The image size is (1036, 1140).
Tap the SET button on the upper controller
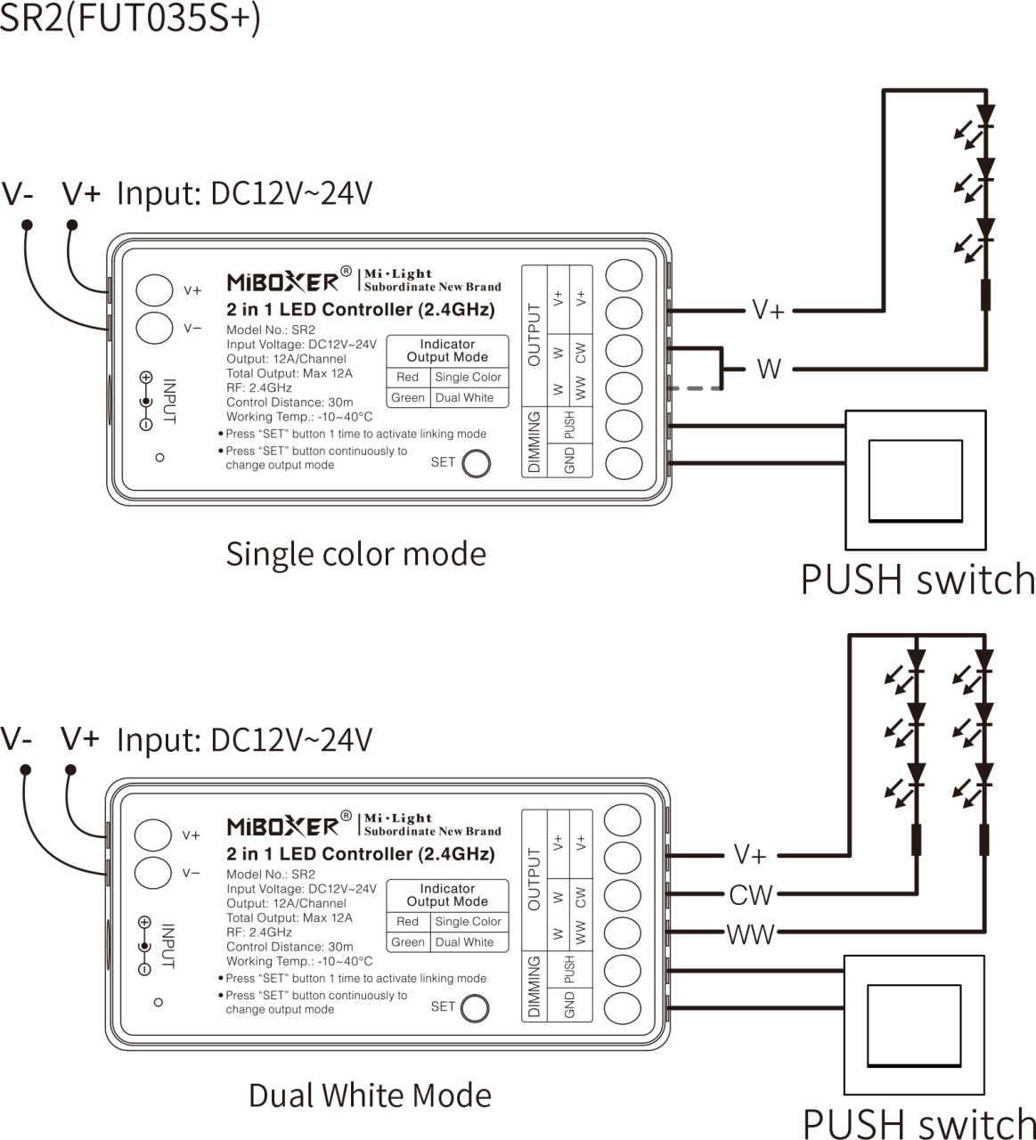477,463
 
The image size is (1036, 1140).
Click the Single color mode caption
355,554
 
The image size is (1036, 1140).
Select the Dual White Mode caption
370,1095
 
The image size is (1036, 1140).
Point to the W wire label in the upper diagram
769,368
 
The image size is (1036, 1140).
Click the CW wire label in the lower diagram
750,894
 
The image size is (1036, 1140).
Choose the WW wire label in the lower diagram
750,934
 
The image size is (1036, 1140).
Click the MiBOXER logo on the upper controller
282,281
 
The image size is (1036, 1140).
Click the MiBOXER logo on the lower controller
282,826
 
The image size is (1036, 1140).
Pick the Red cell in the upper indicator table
407,378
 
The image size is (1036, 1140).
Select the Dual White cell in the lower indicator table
464,942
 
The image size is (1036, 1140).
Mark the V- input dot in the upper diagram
27,224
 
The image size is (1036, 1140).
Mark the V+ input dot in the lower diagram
70,769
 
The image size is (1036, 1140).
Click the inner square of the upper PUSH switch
916,480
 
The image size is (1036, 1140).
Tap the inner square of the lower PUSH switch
914,1025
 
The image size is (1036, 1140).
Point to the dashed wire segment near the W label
698,388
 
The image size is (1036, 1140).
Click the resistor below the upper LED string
985,295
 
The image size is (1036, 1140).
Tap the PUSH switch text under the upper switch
918,579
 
